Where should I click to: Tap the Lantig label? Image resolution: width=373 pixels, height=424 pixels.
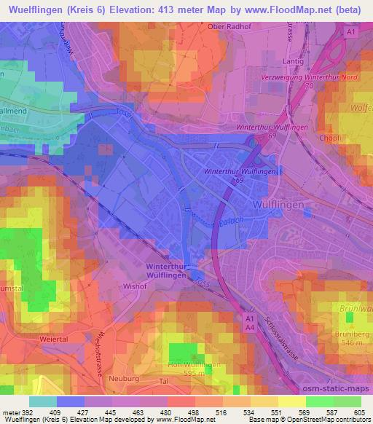coord(289,62)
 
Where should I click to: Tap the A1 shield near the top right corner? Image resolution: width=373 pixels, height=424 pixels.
coord(350,33)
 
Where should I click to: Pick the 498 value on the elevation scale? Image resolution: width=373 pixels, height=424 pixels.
coord(193,412)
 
